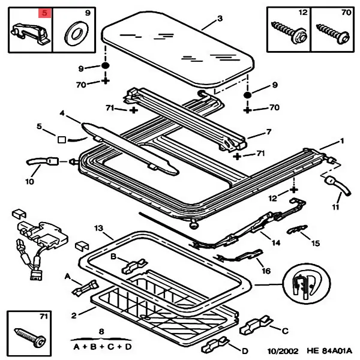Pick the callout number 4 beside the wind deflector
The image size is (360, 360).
click(x=61, y=113)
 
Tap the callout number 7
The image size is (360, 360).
click(x=269, y=132)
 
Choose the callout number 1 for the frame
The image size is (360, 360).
click(x=343, y=142)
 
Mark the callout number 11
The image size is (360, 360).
click(x=335, y=208)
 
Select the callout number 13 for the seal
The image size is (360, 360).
click(x=99, y=229)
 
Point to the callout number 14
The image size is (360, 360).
click(x=275, y=242)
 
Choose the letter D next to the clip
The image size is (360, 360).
click(x=245, y=350)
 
